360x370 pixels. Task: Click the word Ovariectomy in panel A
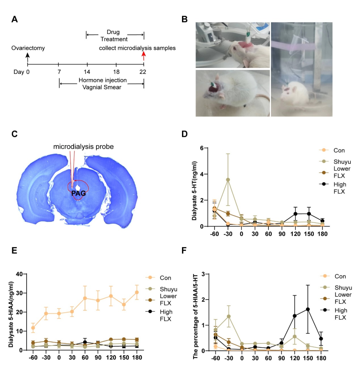pyautogui.click(x=28, y=49)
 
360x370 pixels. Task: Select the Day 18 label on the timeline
pyautogui.click(x=116, y=72)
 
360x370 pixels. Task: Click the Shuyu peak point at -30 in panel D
pyautogui.click(x=228, y=180)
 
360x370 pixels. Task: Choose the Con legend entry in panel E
pyautogui.click(x=166, y=277)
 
